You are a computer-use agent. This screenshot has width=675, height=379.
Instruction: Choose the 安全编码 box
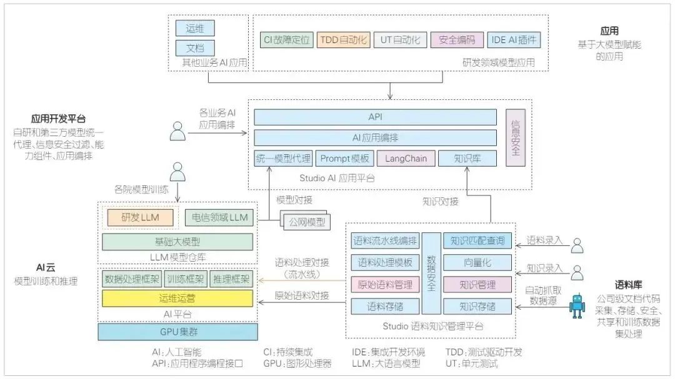pos(457,41)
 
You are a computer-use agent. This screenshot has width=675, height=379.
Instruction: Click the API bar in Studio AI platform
pos(375,117)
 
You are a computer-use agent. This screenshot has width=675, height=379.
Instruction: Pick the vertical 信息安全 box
pos(515,139)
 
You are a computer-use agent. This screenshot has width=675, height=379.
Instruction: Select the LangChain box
pos(406,159)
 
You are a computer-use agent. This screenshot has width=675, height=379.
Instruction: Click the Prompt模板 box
pos(344,159)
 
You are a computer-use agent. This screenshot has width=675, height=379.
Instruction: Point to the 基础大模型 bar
pos(177,242)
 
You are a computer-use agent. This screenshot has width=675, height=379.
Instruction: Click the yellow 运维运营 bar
pos(177,298)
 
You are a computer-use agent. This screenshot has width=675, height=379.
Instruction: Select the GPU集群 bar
pos(177,332)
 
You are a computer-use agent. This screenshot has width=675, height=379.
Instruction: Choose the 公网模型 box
pos(304,221)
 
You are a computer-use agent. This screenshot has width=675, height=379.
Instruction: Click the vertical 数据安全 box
pos(431,273)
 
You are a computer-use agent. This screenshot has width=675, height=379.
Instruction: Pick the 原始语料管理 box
pos(382,285)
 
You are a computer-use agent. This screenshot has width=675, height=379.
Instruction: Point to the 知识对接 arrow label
pos(440,201)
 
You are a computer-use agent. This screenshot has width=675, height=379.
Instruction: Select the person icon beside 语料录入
pos(579,245)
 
